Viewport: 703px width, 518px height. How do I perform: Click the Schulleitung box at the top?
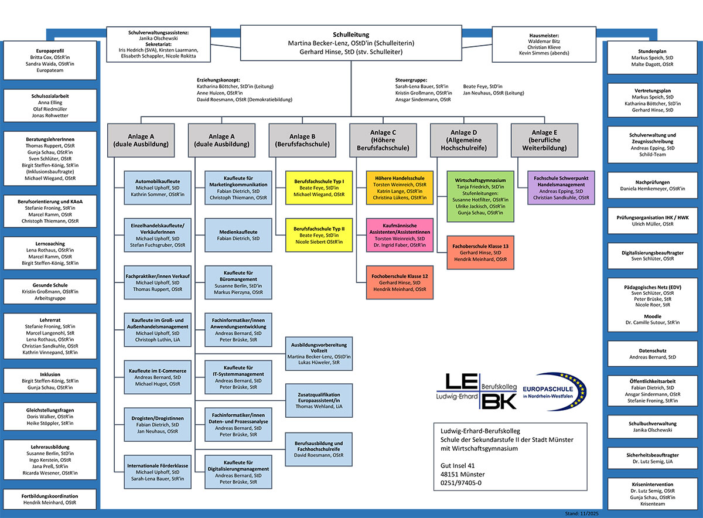click(351, 43)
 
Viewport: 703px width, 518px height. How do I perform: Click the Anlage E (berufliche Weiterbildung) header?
click(544, 140)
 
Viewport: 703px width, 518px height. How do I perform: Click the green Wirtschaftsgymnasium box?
click(480, 196)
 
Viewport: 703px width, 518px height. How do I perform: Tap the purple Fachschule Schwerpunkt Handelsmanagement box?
click(561, 187)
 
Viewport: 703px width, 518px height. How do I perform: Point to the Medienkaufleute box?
click(238, 234)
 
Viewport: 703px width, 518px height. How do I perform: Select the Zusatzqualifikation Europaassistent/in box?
click(319, 399)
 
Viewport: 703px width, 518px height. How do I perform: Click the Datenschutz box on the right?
click(652, 353)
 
